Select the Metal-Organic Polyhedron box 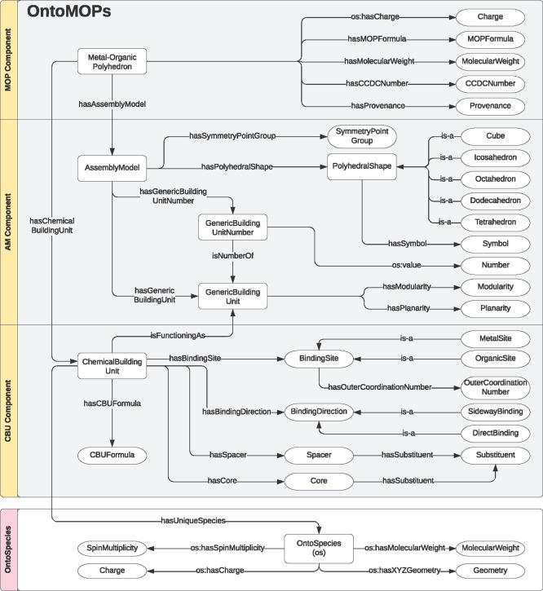110,61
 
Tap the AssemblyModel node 110,167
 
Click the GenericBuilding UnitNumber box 233,227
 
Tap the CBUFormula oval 112,454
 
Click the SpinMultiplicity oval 112,548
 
